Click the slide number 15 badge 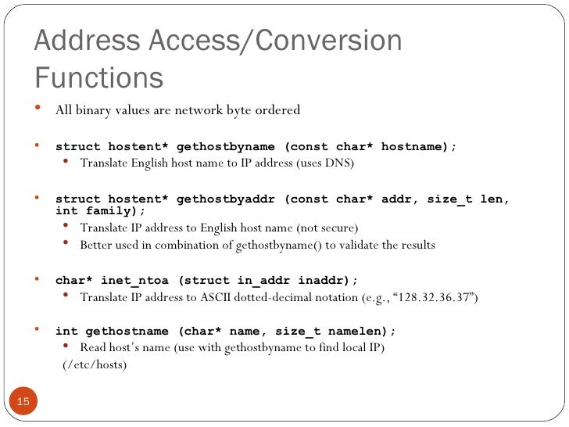(23, 402)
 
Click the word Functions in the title (98, 77)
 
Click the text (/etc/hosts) (94, 364)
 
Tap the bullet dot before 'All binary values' (39, 108)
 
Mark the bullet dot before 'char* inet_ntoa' (39, 278)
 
